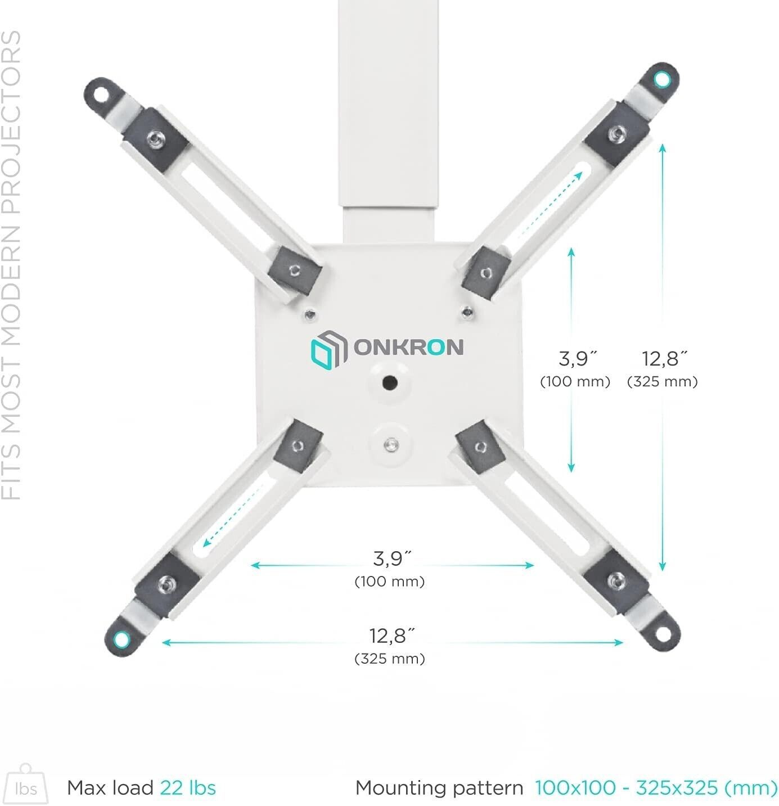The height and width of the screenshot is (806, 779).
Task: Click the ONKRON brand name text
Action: point(408,347)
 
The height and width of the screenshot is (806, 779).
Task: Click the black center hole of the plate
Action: point(390,382)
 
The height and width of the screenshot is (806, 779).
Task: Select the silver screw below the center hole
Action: point(391,445)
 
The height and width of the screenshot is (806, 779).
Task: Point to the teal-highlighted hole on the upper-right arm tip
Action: point(662,79)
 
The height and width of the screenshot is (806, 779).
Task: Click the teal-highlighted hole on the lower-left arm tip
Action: point(121,639)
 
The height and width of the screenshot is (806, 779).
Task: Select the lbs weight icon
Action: point(26,784)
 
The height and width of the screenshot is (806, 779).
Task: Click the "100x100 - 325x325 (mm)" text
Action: point(656,787)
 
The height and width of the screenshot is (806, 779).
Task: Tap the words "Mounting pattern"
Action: point(439,787)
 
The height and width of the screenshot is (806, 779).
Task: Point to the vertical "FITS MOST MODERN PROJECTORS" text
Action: point(11,265)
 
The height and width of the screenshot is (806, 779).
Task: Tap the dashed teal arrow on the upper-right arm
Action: point(551,204)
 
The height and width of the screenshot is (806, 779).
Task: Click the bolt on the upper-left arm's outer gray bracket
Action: point(156,137)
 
